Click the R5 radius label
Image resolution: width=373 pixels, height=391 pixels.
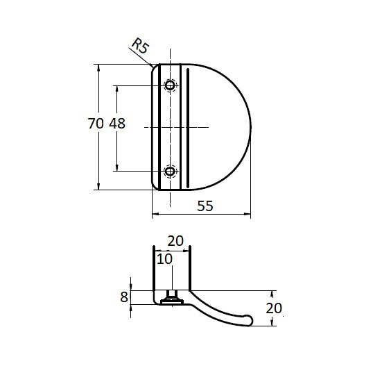tap(140, 45)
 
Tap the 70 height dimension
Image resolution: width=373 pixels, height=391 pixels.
tap(96, 124)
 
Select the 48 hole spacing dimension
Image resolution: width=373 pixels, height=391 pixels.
tap(117, 124)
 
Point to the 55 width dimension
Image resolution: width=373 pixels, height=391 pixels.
tap(205, 206)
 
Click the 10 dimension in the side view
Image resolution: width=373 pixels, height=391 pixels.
tap(164, 259)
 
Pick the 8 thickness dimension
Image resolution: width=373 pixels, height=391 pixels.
tap(123, 297)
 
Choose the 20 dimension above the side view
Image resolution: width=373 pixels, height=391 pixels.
tap(175, 241)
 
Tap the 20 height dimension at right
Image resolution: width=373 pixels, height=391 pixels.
tap(274, 308)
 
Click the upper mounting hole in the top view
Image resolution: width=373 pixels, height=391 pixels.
tap(170, 85)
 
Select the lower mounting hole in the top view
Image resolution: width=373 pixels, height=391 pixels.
tap(170, 172)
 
